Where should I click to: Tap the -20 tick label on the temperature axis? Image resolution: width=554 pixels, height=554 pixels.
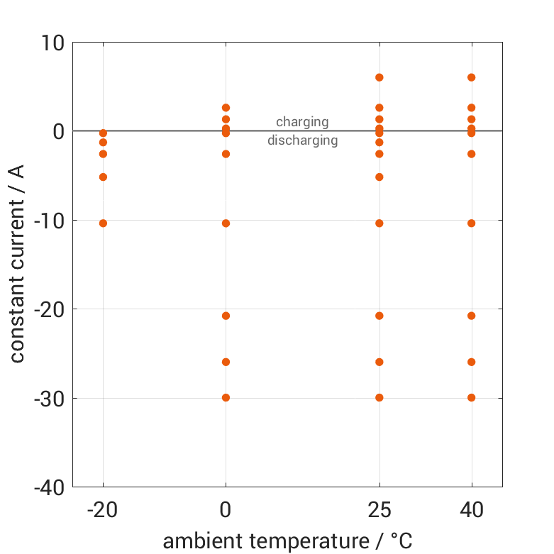click(103, 509)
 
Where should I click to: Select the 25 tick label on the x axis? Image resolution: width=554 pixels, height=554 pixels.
click(380, 509)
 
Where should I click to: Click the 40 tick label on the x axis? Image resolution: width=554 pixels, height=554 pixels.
click(472, 509)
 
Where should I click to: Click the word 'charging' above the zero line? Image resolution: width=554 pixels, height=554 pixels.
click(302, 122)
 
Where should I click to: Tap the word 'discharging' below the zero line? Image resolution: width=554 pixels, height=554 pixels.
click(302, 140)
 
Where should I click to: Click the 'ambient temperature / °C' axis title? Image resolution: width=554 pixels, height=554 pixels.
click(287, 541)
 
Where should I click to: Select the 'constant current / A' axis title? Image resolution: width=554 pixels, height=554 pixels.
click(18, 264)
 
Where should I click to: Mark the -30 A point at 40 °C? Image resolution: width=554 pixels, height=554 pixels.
click(472, 397)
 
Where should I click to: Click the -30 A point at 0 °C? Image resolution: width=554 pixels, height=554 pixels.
click(226, 397)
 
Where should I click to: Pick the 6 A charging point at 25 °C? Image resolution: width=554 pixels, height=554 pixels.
click(380, 77)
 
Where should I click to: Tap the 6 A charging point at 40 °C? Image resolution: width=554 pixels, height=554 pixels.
click(472, 77)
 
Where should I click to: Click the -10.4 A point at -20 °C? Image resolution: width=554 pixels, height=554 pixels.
click(103, 223)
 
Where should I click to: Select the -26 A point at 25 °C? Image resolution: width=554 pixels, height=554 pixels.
click(380, 362)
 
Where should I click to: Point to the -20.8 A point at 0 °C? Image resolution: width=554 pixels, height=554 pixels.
click(226, 316)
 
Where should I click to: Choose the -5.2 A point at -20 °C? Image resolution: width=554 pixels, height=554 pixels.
click(103, 177)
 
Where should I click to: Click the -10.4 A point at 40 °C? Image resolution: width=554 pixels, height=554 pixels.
click(472, 223)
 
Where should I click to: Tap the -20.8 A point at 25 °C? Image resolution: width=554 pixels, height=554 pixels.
click(380, 316)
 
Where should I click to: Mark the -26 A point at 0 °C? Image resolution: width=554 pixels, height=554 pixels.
click(226, 362)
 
